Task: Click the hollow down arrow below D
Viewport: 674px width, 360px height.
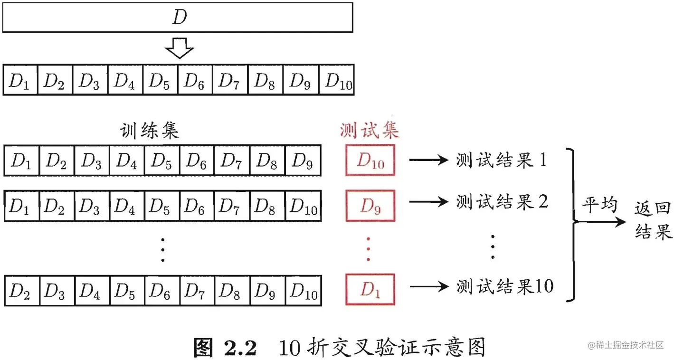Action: tap(179, 47)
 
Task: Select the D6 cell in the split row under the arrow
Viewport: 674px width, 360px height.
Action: tap(195, 80)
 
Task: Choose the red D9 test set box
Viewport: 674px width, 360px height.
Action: tap(370, 206)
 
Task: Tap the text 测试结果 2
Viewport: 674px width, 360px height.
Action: tap(502, 202)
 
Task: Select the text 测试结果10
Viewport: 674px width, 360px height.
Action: tap(505, 286)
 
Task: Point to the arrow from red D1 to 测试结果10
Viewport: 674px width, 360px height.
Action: tap(428, 286)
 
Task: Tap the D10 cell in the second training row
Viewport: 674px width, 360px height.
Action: tap(304, 206)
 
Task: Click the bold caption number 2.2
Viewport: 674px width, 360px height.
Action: tap(239, 347)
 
